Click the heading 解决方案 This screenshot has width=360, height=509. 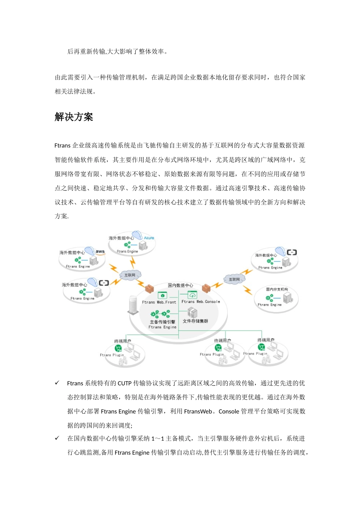[x=74, y=117]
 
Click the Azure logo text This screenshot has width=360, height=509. [x=149, y=238]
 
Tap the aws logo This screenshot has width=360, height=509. [x=100, y=251]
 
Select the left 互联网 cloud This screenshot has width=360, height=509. [x=130, y=275]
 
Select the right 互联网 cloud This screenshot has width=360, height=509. [x=234, y=279]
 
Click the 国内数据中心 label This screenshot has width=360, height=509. [x=180, y=285]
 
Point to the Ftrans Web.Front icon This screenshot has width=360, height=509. [x=162, y=295]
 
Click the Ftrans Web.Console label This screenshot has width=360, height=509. [x=200, y=302]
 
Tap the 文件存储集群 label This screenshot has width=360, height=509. [x=195, y=321]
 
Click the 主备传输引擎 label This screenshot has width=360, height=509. [x=162, y=322]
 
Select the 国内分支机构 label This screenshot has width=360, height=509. [x=277, y=289]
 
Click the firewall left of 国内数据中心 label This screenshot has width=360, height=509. [x=150, y=288]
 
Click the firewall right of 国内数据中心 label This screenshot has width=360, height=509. [x=206, y=289]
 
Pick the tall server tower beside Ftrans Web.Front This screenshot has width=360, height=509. [x=133, y=305]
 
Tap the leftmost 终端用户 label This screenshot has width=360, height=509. [x=122, y=341]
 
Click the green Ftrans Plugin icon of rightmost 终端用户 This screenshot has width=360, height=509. [x=261, y=347]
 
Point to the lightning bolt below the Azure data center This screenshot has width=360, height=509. [x=133, y=262]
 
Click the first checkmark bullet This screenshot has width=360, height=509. [x=57, y=383]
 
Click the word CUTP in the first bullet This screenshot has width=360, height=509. [x=125, y=383]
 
